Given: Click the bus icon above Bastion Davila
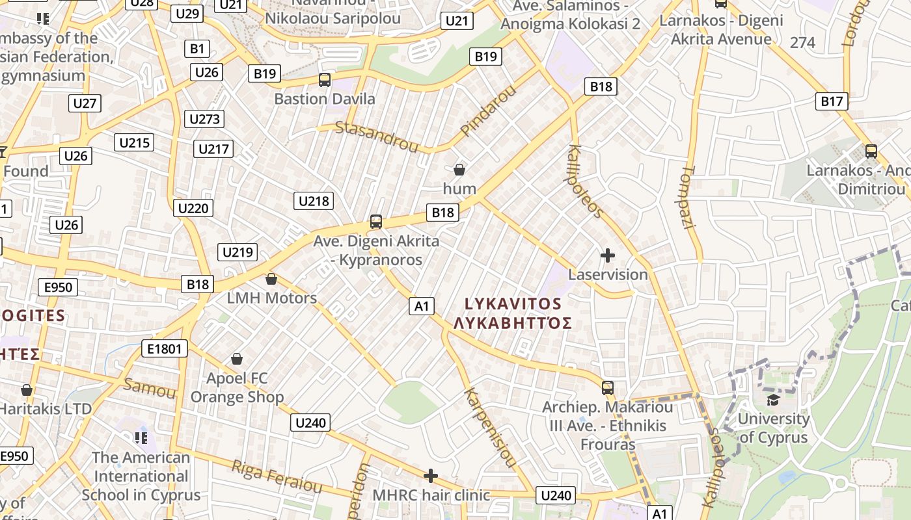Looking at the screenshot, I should point(324,80).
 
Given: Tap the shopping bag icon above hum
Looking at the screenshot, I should point(459,170).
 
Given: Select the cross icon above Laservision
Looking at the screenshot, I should point(607,255).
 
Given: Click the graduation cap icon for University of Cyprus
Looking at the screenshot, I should point(773,399).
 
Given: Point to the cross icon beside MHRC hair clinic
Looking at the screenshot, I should point(430,476).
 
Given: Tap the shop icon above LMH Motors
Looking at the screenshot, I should point(271,279).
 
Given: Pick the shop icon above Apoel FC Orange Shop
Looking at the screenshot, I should point(237,359).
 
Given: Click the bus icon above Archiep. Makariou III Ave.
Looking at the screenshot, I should point(608,388).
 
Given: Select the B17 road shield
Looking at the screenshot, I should point(831,101).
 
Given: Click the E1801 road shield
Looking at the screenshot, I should point(165,349).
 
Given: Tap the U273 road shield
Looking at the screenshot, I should point(204,119).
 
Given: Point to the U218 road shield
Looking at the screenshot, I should point(314,201).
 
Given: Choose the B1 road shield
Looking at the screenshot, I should point(197,48).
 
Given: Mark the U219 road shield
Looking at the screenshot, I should point(239,252).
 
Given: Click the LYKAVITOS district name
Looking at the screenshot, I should point(513,304).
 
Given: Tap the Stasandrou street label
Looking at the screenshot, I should point(376,136).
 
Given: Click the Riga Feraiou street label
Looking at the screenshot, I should point(277,476).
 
